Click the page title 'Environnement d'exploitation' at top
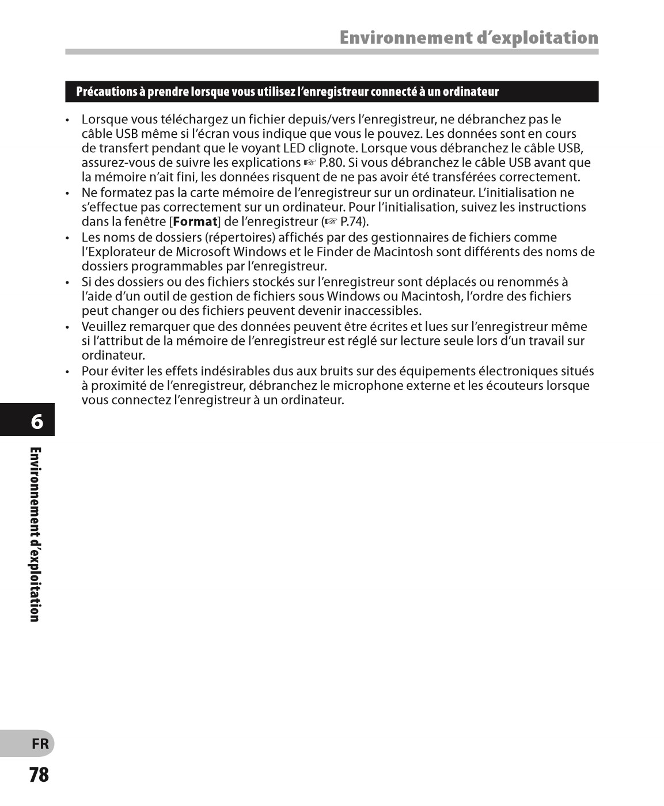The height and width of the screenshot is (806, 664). tap(468, 37)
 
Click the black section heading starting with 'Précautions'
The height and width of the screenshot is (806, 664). tap(287, 92)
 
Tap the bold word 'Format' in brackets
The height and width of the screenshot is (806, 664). tap(195, 222)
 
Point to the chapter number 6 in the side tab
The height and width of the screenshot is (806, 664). tap(36, 421)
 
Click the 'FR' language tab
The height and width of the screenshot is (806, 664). tap(40, 744)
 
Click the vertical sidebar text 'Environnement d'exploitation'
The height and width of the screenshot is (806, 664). tap(35, 534)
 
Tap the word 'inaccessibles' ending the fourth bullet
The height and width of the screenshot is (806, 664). tap(382, 311)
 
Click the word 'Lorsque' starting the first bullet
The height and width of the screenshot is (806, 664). tap(104, 120)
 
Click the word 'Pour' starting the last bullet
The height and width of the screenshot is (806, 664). tap(94, 371)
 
